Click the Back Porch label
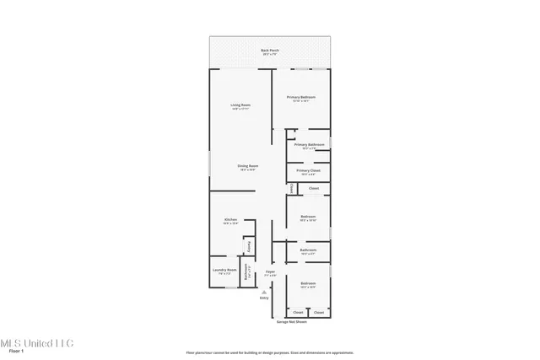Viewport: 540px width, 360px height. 269,51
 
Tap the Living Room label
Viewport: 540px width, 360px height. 240,105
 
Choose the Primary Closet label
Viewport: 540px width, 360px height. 307,171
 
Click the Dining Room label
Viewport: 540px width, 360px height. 247,166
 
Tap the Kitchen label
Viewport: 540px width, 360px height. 229,220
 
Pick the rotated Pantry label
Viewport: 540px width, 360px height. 248,247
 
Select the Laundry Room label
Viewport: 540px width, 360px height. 225,271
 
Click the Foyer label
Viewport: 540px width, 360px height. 270,271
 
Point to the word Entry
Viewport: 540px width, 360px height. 264,298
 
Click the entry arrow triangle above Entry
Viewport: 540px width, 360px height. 264,291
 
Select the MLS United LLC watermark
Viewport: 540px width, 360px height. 37,342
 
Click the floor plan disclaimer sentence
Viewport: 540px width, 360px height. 269,352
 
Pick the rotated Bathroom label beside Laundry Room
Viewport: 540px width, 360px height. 246,272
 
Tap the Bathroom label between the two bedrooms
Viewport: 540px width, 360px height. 308,250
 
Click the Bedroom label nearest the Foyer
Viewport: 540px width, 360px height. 308,283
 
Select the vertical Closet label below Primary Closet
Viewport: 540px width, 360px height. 291,190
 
